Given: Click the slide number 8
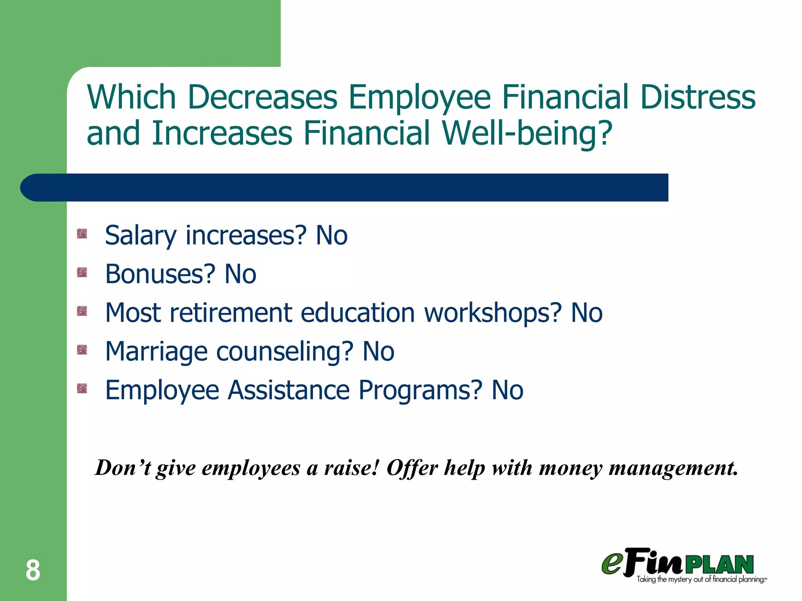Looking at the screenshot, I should click(33, 570).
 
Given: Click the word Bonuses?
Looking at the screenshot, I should click(160, 274).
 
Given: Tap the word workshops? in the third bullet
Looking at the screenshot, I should click(493, 313).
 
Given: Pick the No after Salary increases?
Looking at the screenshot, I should click(332, 236).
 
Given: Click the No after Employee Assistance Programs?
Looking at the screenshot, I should click(508, 390).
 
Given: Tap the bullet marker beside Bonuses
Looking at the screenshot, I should click(82, 272).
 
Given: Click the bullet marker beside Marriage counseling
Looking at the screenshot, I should click(82, 349).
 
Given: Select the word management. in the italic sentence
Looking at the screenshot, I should click(673, 468).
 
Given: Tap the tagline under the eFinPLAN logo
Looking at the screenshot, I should click(701, 579).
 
